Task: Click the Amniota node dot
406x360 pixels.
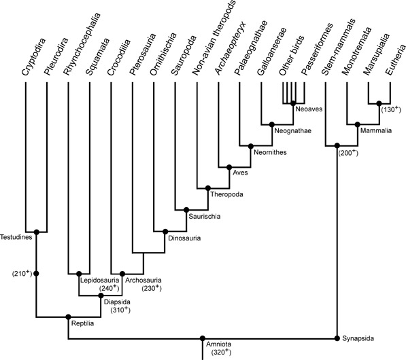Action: (x=203, y=338)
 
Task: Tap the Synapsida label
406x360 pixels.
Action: (x=358, y=338)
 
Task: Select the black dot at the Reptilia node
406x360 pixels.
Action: (x=69, y=317)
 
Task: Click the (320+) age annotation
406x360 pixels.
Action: (x=221, y=352)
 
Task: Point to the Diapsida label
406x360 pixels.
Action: (x=117, y=302)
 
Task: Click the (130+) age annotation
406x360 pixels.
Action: (x=391, y=109)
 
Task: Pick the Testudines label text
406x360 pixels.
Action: (x=16, y=237)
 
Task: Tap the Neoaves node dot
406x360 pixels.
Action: (x=293, y=103)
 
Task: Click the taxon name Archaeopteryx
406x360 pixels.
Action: (x=231, y=49)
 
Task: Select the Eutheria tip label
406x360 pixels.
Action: (x=395, y=60)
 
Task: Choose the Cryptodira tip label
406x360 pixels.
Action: (x=33, y=57)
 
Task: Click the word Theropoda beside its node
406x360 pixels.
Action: (x=227, y=194)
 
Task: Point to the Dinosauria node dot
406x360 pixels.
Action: (x=165, y=232)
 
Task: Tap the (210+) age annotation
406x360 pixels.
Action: (x=22, y=273)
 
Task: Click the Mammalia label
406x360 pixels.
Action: (x=376, y=130)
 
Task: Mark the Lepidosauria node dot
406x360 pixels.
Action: (x=79, y=274)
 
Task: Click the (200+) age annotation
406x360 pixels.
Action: (x=348, y=153)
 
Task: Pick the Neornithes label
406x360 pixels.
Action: (x=270, y=152)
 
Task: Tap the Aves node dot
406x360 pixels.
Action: (x=229, y=167)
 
